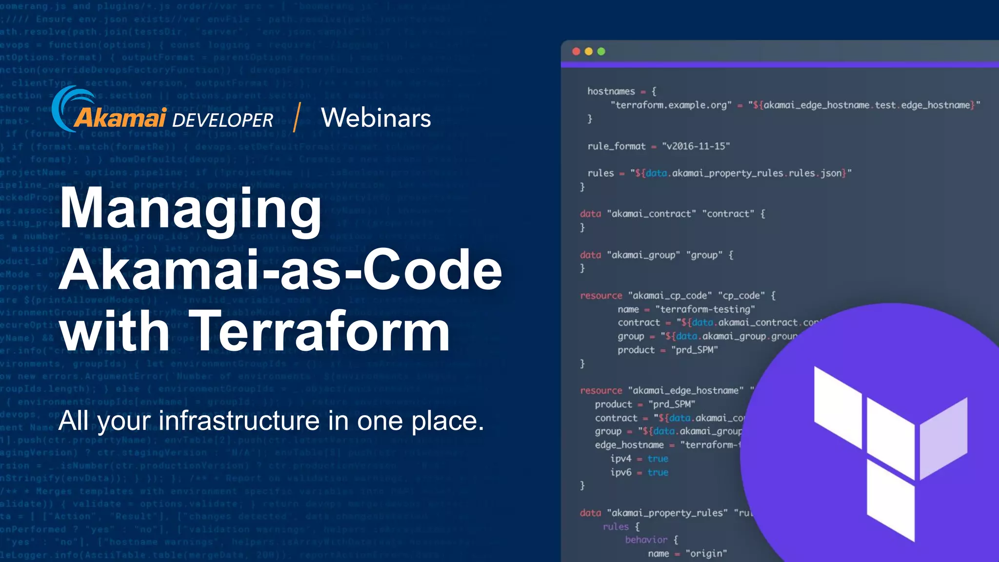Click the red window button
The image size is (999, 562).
pyautogui.click(x=576, y=52)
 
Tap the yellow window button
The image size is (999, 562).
pyautogui.click(x=589, y=52)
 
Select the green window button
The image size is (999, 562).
pyautogui.click(x=601, y=52)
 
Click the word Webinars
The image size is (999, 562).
pyautogui.click(x=376, y=118)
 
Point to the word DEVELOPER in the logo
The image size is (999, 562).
pyautogui.click(x=222, y=120)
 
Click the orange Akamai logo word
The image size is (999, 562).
pyautogui.click(x=120, y=118)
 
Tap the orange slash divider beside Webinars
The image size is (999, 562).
pyautogui.click(x=296, y=118)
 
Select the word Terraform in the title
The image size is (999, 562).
pyautogui.click(x=320, y=332)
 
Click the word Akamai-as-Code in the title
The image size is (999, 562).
pyautogui.click(x=280, y=270)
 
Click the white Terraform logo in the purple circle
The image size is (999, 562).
pyautogui.click(x=891, y=454)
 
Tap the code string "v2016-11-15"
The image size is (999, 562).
pyautogui.click(x=696, y=146)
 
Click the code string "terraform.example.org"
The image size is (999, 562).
pyautogui.click(x=671, y=105)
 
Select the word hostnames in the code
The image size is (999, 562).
pyautogui.click(x=611, y=91)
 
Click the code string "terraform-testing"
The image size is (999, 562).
pyautogui.click(x=705, y=309)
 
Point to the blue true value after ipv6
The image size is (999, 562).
pyautogui.click(x=658, y=472)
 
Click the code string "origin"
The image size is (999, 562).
pyautogui.click(x=706, y=553)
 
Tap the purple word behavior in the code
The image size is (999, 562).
pyautogui.click(x=646, y=540)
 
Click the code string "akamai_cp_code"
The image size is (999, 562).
pyautogui.click(x=670, y=296)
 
